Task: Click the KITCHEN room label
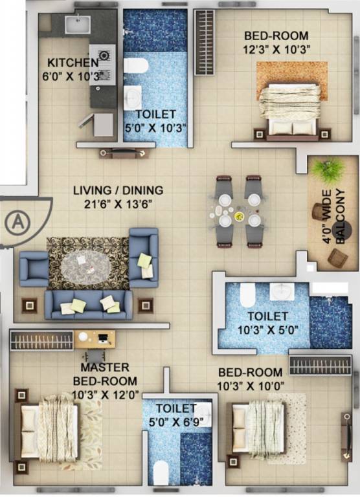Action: pyautogui.click(x=72, y=63)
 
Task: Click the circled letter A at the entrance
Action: pyautogui.click(x=16, y=223)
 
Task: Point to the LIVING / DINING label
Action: pyautogui.click(x=118, y=191)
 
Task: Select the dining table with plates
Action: pyautogui.click(x=237, y=211)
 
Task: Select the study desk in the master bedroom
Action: pyautogui.click(x=95, y=338)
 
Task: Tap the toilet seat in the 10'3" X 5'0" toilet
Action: pyautogui.click(x=247, y=295)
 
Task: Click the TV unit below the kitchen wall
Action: pyautogui.click(x=124, y=153)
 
